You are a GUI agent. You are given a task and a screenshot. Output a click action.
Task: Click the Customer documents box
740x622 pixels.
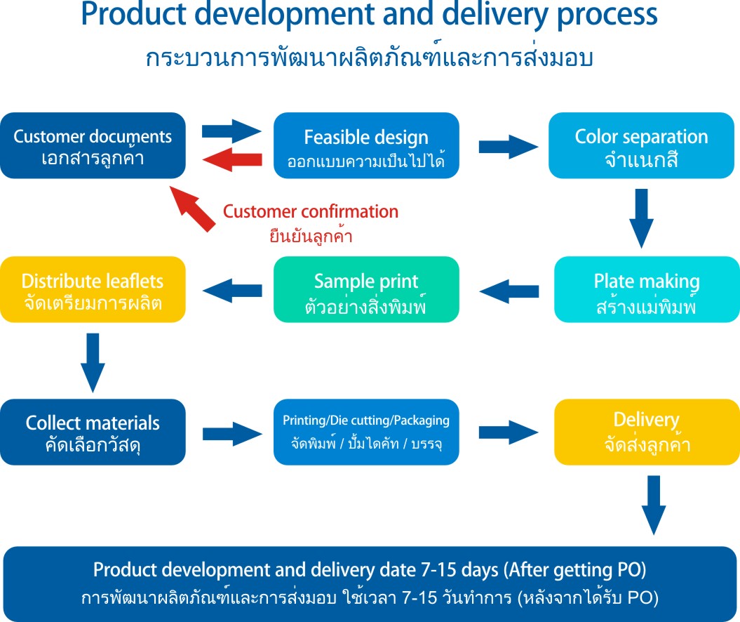pyautogui.click(x=93, y=145)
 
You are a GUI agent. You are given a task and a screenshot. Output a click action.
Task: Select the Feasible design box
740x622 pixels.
pyautogui.click(x=366, y=145)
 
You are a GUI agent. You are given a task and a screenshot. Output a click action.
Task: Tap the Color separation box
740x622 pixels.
pyautogui.click(x=641, y=145)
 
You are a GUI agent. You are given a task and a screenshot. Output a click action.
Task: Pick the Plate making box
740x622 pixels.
pyautogui.click(x=647, y=289)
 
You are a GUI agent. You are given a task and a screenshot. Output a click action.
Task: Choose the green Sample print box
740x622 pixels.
pyautogui.click(x=366, y=289)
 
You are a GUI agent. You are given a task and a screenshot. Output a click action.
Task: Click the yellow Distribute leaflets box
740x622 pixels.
pyautogui.click(x=93, y=289)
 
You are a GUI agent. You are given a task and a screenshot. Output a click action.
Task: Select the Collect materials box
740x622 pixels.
pyautogui.click(x=93, y=431)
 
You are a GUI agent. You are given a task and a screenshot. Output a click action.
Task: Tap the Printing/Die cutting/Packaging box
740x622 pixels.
pyautogui.click(x=366, y=431)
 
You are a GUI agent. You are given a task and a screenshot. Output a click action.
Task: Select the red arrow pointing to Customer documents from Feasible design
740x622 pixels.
pyautogui.click(x=231, y=160)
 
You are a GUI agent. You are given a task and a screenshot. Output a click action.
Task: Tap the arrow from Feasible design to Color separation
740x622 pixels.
pyautogui.click(x=508, y=146)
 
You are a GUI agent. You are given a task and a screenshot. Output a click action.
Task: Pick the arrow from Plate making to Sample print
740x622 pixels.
pyautogui.click(x=509, y=289)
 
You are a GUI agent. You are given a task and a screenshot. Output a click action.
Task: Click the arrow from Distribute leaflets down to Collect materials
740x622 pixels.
pyautogui.click(x=92, y=362)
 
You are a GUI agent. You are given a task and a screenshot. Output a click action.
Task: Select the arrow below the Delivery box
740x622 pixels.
pyautogui.click(x=654, y=504)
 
